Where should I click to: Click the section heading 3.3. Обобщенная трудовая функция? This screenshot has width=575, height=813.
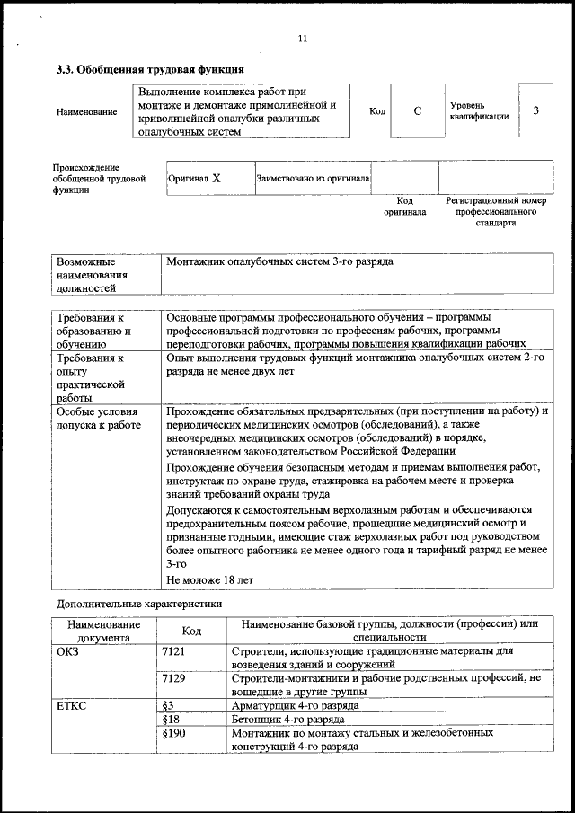click(149, 69)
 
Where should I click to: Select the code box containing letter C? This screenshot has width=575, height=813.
click(417, 111)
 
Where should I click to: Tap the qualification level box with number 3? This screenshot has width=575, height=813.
click(535, 110)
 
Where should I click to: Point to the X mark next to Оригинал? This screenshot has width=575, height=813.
click(217, 179)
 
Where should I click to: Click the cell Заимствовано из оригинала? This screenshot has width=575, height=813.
click(313, 179)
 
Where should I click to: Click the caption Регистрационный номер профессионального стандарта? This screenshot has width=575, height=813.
click(496, 211)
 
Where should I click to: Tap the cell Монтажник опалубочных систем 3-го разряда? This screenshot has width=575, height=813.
click(279, 261)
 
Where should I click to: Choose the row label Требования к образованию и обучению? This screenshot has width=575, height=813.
click(94, 331)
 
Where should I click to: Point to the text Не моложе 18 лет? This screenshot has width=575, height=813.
click(210, 580)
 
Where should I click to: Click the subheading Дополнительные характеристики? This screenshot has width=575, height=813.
click(139, 604)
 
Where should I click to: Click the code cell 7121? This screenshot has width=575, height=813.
click(172, 650)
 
